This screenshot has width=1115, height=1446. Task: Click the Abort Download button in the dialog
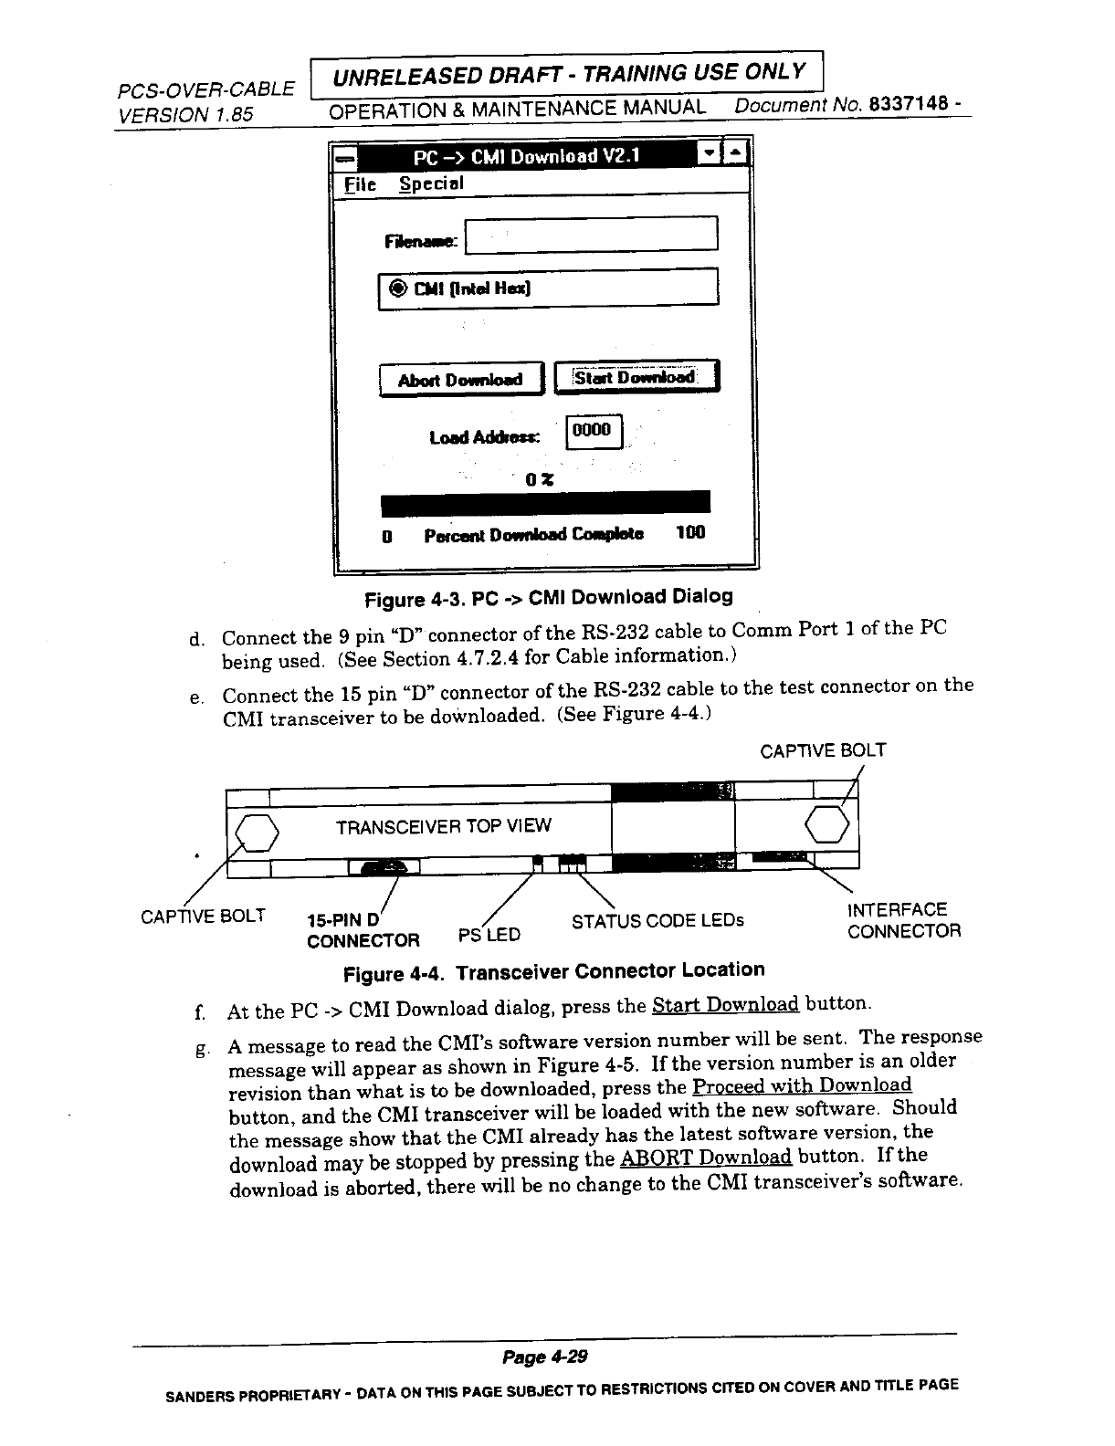tap(460, 380)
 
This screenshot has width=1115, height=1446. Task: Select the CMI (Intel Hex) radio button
tap(399, 288)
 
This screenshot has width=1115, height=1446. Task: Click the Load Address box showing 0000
tap(594, 431)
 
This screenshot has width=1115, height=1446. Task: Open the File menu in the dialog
tap(360, 184)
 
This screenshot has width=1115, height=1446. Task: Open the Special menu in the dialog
tap(431, 183)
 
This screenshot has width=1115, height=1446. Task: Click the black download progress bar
tap(545, 503)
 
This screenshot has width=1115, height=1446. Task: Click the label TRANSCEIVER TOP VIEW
tap(444, 826)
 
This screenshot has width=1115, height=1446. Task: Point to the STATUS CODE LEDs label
tap(657, 920)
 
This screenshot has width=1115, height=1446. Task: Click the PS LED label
tap(489, 935)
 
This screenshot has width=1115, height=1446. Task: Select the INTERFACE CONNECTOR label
tap(903, 920)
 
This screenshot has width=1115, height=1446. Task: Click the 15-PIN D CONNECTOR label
tap(363, 929)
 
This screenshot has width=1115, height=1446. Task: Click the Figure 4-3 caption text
tap(548, 598)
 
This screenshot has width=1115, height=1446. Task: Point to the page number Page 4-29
tap(545, 1357)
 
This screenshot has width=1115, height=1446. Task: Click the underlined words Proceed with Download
tap(802, 1085)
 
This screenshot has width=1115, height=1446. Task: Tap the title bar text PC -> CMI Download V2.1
tap(527, 156)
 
